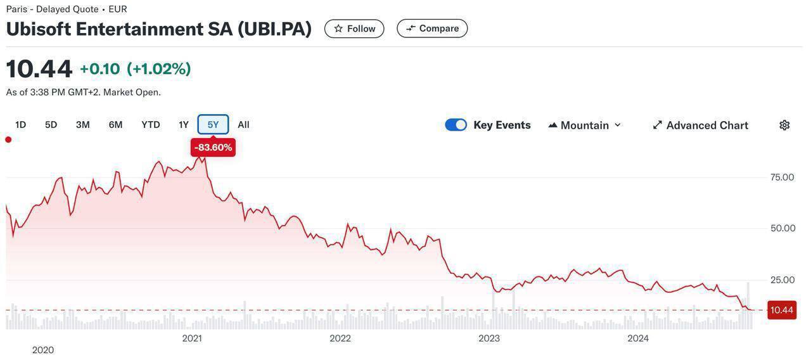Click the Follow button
point(354,29)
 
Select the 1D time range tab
point(20,125)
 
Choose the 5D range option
point(51,125)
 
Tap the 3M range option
point(82,125)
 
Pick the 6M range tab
point(115,125)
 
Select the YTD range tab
point(150,125)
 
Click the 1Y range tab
point(183,125)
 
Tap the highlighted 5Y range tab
point(213,125)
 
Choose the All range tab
point(243,125)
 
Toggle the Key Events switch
point(456,125)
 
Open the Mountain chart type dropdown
point(584,125)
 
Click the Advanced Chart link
point(700,125)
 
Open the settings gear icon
point(784,125)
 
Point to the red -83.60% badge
point(213,148)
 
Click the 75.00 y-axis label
point(782,177)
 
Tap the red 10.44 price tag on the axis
point(781,310)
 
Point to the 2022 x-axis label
point(340,338)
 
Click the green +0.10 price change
point(99,69)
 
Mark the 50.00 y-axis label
point(782,228)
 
